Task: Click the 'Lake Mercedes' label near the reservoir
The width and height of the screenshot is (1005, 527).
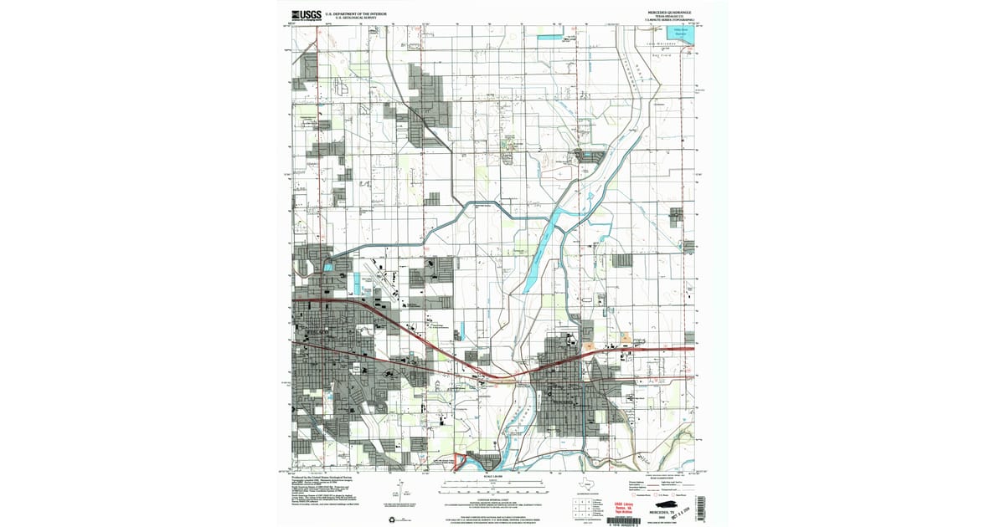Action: point(660,43)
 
